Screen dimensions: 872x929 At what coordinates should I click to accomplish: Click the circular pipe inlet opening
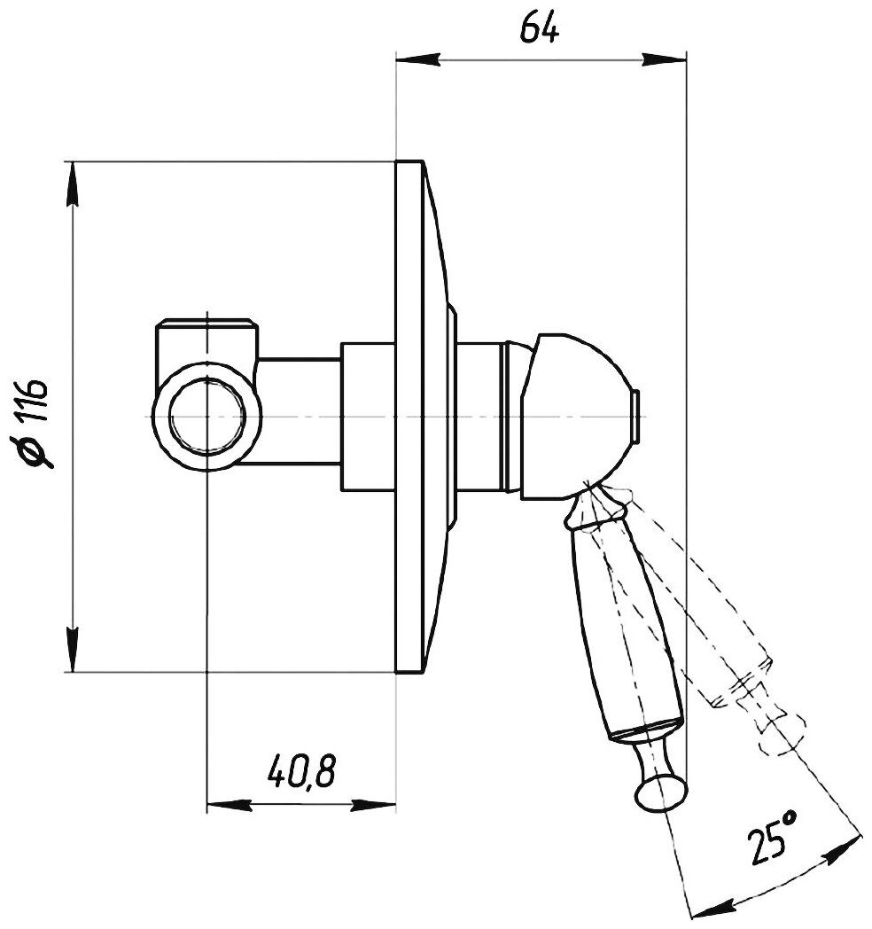tap(206, 417)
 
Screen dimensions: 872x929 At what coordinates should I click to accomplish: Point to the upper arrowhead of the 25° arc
tap(845, 844)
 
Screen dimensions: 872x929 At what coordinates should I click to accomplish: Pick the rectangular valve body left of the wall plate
tap(368, 417)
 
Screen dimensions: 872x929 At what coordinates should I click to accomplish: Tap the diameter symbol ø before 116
tap(39, 455)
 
